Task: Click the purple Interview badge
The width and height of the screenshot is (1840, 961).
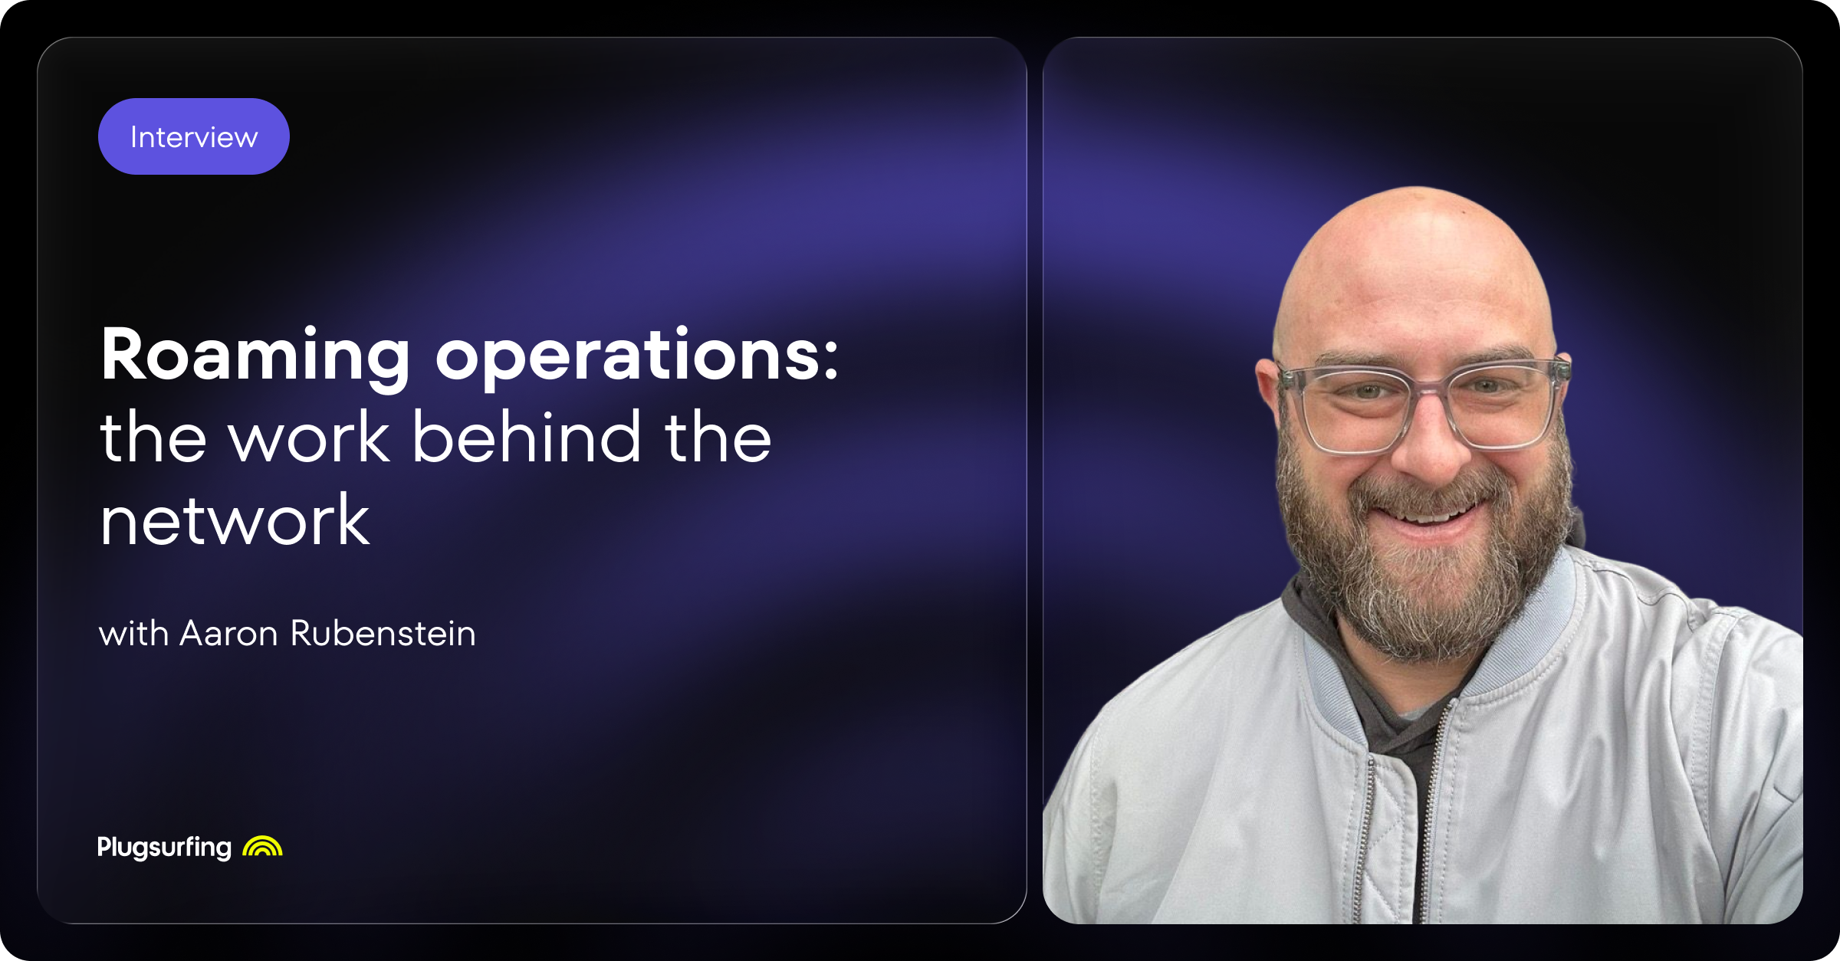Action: [x=194, y=136]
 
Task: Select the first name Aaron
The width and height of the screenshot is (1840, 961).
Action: [x=228, y=634]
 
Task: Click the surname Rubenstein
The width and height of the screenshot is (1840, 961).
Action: [x=383, y=634]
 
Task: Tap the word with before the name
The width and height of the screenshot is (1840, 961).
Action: [x=133, y=634]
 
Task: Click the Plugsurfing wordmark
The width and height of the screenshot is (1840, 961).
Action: [x=164, y=847]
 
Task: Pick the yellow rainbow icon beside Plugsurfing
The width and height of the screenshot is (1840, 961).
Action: [x=262, y=846]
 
